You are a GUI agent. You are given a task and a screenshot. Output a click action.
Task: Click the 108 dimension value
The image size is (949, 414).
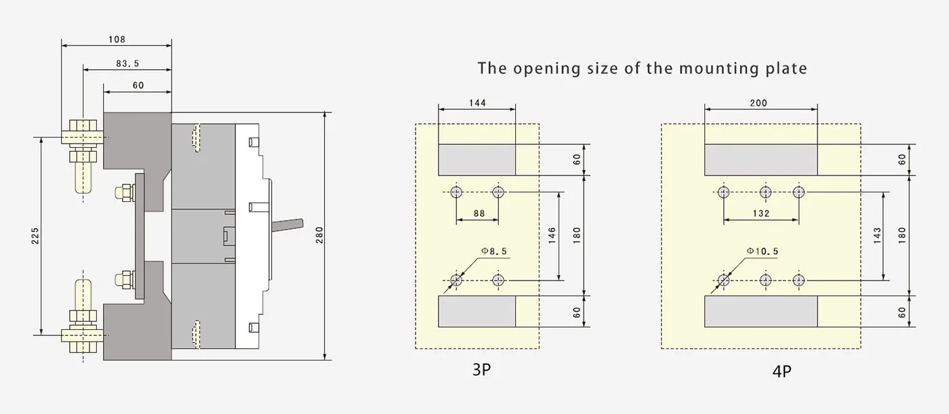pos(117,39)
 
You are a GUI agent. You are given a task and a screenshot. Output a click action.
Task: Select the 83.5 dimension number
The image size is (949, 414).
pos(127,64)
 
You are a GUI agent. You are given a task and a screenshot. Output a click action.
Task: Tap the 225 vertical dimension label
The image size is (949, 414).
pos(35,236)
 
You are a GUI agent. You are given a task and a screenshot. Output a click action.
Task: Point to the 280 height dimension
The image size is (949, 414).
pos(319,235)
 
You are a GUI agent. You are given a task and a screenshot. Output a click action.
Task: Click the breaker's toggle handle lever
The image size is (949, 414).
pos(287,225)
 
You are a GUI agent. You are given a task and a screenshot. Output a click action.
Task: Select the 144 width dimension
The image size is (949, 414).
pos(477,103)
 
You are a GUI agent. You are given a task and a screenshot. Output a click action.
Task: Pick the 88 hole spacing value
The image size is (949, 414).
pos(479,213)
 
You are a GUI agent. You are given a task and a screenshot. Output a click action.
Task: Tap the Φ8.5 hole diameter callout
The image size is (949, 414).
pos(494,251)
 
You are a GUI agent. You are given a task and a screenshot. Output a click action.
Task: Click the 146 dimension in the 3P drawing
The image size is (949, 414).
pos(552,235)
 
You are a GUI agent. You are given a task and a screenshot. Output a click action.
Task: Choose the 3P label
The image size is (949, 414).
pos(482,369)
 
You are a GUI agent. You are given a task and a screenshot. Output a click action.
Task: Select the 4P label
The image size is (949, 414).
pos(782,371)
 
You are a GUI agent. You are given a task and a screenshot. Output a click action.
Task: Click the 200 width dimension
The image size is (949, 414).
pos(759,103)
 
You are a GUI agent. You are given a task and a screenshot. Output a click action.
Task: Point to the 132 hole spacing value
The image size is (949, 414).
pos(761,213)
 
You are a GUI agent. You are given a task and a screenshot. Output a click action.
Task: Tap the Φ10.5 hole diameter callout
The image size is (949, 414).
pos(763,251)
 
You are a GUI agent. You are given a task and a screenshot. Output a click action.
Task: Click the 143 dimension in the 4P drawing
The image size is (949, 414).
pos(877,235)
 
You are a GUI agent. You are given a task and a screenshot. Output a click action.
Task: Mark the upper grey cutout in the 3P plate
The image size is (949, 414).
pos(477,160)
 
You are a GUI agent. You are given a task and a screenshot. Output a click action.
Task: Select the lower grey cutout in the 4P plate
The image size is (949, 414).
pos(761,311)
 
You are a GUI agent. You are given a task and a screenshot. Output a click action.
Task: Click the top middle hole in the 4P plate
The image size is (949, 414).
pos(765,192)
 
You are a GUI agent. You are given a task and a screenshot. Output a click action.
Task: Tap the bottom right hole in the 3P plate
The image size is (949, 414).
pos(498,280)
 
